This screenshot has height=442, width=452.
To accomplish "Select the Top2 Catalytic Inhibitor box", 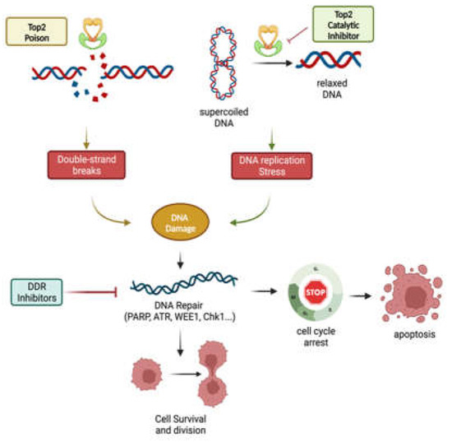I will [343, 25].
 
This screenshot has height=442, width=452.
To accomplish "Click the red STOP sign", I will [315, 291].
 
